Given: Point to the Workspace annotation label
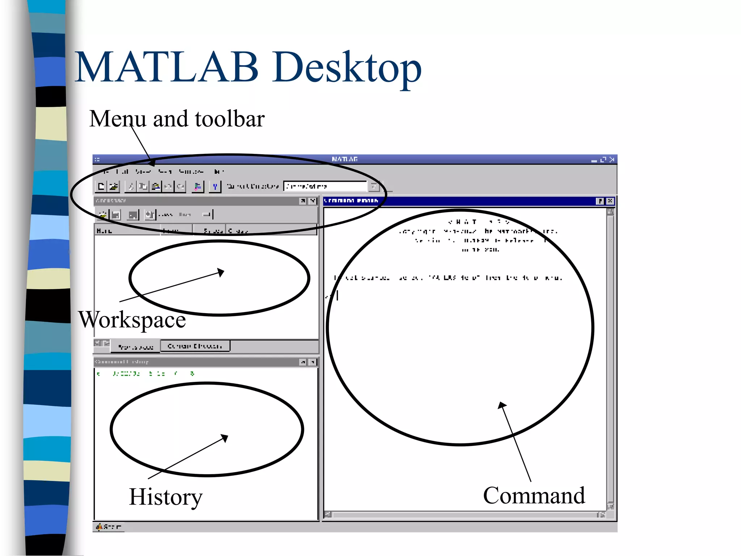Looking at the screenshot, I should point(132,320).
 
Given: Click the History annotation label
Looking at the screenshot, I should point(166,497).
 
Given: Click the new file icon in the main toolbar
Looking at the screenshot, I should point(101,186).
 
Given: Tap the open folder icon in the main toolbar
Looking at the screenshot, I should point(114,186).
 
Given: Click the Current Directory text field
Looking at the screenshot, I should point(325,186).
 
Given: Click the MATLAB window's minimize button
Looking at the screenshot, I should point(594,160).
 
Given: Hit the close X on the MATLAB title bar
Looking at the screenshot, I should point(612,160).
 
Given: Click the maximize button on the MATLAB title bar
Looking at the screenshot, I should point(603,160).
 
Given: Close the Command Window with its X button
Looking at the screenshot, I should point(610,201).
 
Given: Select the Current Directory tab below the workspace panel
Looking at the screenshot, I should point(195,346).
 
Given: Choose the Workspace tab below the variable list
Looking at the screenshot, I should point(136,347).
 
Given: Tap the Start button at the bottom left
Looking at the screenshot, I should point(109,527).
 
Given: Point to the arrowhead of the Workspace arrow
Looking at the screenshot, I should point(221,272).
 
